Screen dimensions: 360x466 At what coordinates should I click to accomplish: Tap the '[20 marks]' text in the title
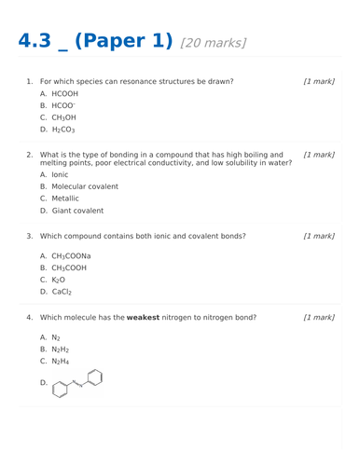[214, 43]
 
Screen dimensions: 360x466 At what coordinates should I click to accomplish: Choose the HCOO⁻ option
[63, 106]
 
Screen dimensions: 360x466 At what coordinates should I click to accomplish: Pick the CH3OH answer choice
[63, 118]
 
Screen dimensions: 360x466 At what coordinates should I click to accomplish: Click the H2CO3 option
[63, 130]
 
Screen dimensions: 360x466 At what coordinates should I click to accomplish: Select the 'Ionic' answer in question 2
[60, 174]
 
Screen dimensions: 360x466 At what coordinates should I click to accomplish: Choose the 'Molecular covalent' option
[85, 186]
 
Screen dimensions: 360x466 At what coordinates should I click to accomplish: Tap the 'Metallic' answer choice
[65, 199]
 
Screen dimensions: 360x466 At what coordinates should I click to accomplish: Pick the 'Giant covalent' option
[77, 211]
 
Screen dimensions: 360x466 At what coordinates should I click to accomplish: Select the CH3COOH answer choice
[69, 267]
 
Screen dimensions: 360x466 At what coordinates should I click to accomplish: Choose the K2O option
[59, 280]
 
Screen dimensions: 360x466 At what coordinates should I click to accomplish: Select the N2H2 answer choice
[61, 349]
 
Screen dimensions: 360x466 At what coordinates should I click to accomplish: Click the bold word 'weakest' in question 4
[146, 318]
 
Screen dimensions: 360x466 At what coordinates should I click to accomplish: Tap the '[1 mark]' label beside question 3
[319, 236]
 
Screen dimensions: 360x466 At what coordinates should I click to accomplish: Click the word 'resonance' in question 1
[158, 81]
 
